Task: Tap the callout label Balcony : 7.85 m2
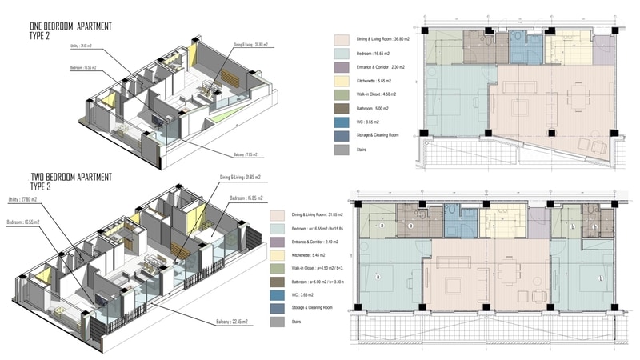click(x=234, y=154)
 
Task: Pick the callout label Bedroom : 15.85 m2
click(x=248, y=197)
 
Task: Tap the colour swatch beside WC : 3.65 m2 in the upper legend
click(x=342, y=122)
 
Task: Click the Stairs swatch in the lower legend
click(x=278, y=322)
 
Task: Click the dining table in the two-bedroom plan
click(x=506, y=285)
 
